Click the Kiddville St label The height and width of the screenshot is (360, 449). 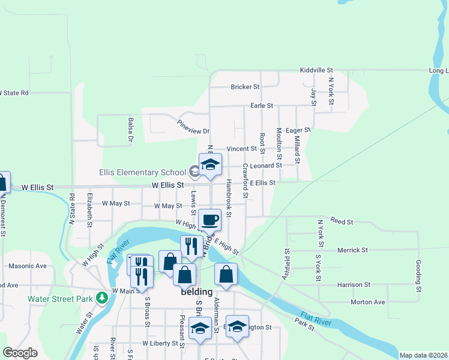316,71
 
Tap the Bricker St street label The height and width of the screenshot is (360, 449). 245,87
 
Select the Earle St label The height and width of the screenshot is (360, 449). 262,106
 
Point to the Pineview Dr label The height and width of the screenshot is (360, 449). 193,127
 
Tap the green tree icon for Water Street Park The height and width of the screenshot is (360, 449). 103,297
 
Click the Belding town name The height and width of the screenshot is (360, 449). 196,292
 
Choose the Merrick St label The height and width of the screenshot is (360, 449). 352,250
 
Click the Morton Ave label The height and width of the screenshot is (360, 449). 368,302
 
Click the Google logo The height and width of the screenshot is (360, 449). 20,353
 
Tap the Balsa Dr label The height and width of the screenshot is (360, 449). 130,130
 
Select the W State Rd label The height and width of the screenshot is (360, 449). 14,93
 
